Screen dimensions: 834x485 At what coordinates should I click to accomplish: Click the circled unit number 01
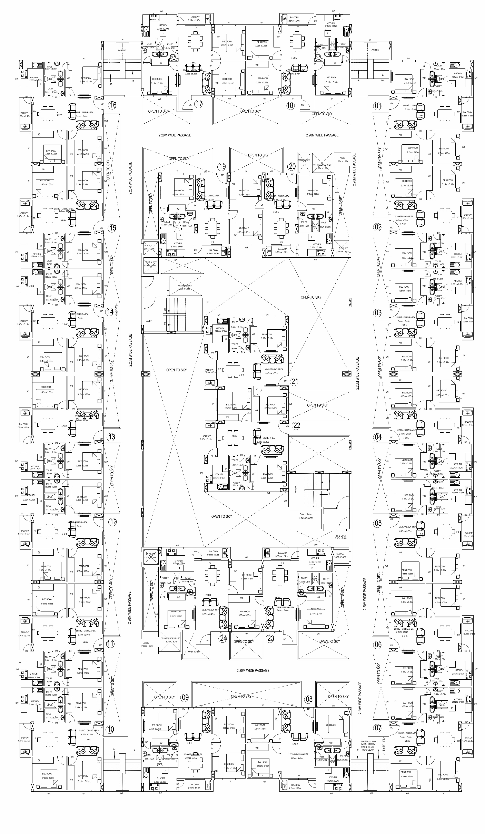click(x=378, y=106)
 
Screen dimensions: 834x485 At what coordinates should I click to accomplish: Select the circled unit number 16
click(x=113, y=105)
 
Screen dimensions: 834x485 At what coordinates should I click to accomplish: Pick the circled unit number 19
click(x=222, y=166)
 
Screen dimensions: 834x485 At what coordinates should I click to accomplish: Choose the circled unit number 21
click(x=294, y=382)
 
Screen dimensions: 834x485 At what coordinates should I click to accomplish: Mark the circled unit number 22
click(x=296, y=426)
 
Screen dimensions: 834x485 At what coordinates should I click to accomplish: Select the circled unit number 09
click(x=185, y=697)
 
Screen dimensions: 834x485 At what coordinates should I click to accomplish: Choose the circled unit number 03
click(x=378, y=313)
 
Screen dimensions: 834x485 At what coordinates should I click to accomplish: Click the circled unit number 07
click(x=378, y=728)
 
